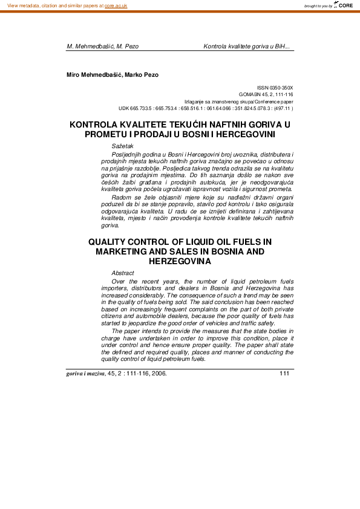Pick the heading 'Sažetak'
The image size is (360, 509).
(x=123, y=146)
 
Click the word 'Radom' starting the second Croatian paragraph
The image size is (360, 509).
(x=121, y=197)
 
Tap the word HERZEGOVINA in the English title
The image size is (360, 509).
(x=180, y=261)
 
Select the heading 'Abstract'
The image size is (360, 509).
(x=123, y=273)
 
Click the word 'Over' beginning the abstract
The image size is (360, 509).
(x=119, y=282)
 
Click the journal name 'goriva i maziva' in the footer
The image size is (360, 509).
(x=85, y=373)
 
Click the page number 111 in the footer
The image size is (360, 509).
(x=285, y=372)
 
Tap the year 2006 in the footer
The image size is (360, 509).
(x=159, y=373)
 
